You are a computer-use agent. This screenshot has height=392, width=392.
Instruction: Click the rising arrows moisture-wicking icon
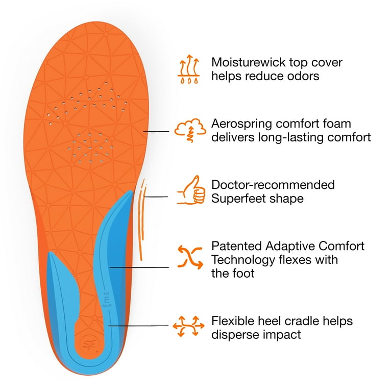click(x=189, y=69)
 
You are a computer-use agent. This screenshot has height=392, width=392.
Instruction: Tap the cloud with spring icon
click(x=190, y=130)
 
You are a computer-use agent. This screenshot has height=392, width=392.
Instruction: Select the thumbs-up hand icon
click(x=191, y=190)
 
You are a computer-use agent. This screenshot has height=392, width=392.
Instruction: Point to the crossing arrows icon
click(x=190, y=257)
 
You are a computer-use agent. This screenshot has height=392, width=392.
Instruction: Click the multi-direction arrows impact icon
click(x=188, y=326)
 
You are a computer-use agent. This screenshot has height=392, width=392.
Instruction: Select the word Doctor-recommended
click(x=273, y=185)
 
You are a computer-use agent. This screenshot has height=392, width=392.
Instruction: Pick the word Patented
click(x=236, y=246)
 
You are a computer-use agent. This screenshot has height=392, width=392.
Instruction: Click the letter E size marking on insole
click(x=107, y=299)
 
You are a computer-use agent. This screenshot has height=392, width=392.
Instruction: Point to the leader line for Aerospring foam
click(x=156, y=131)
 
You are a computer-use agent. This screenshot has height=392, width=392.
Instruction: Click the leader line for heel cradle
click(x=138, y=326)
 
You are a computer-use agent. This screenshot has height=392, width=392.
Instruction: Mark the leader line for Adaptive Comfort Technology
click(x=139, y=267)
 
